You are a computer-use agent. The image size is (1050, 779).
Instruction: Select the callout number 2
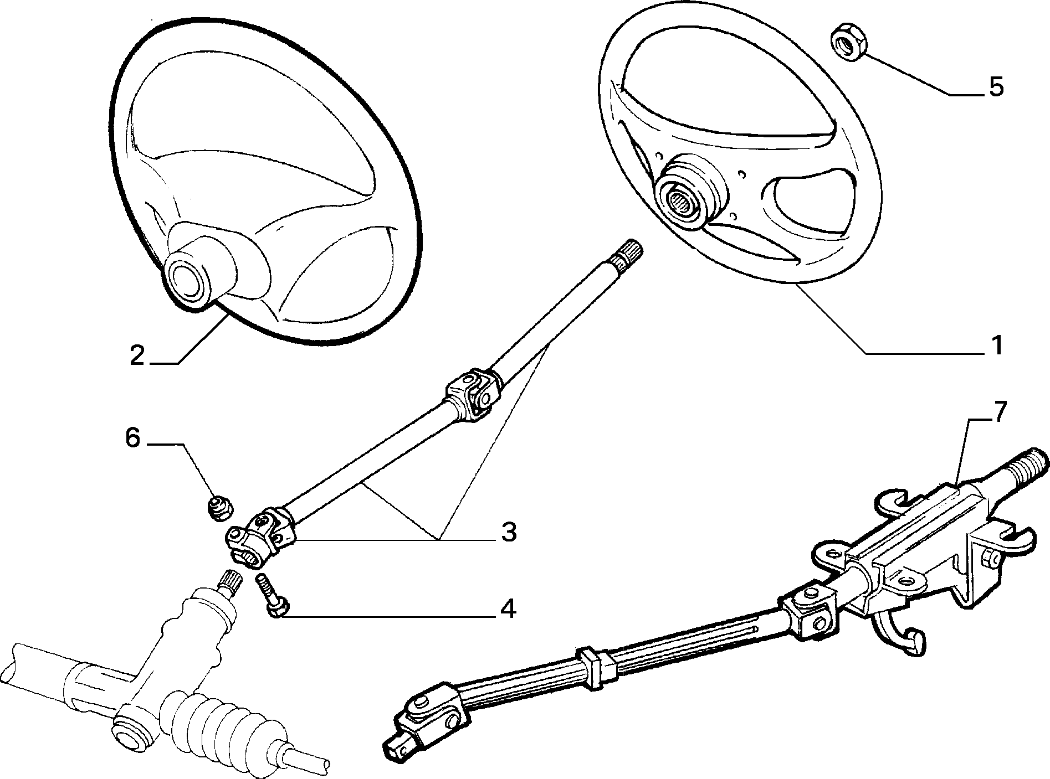coord(137,355)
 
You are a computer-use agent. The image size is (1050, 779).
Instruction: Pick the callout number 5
coord(996,87)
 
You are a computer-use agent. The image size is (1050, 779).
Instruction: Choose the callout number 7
coord(995,413)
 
